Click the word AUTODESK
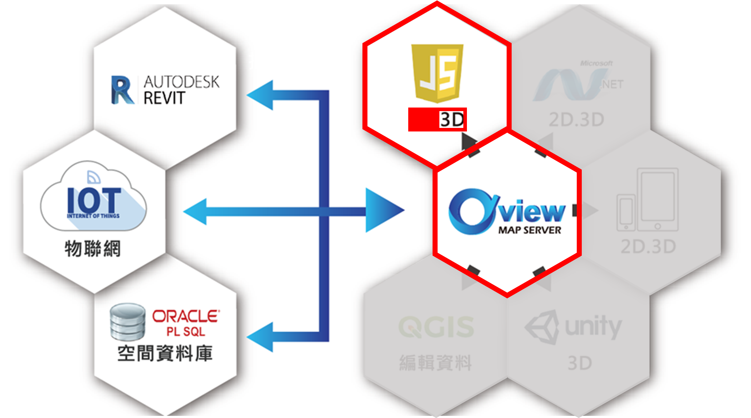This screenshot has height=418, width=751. tap(181, 82)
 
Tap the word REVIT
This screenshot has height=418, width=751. tap(164, 98)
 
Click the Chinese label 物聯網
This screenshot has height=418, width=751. tap(93, 249)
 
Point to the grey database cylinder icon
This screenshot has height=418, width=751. tap(128, 322)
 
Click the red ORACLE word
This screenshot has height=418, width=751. tap(186, 316)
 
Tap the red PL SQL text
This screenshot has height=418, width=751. tap(186, 332)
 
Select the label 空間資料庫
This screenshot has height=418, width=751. tap(165, 353)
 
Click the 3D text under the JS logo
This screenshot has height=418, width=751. tap(452, 120)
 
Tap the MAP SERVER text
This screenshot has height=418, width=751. tap(530, 230)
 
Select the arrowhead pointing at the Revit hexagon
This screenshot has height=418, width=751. tap(261, 95)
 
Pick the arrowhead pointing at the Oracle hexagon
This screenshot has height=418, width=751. tap(261, 337)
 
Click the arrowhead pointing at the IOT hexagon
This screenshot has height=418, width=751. tap(196, 212)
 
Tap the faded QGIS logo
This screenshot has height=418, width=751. tap(436, 327)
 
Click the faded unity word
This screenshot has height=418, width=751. tap(593, 327)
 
